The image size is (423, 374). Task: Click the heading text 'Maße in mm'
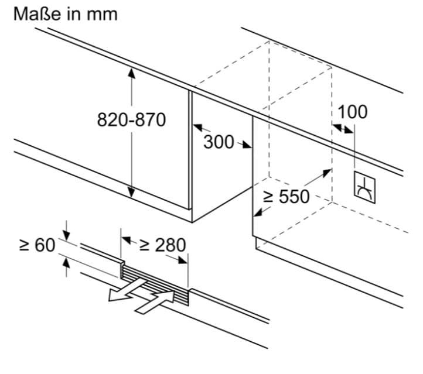[65, 13]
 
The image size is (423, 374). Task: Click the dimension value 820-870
[131, 120]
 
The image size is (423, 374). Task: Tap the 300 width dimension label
[219, 142]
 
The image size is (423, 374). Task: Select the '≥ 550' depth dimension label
[285, 197]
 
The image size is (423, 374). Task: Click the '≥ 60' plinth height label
[37, 245]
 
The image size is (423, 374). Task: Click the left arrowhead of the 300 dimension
[197, 126]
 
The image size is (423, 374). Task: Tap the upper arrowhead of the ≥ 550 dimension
[327, 171]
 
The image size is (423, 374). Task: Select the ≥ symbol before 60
[24, 245]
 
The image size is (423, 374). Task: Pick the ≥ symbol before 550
[268, 197]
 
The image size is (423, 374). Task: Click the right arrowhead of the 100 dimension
[350, 131]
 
